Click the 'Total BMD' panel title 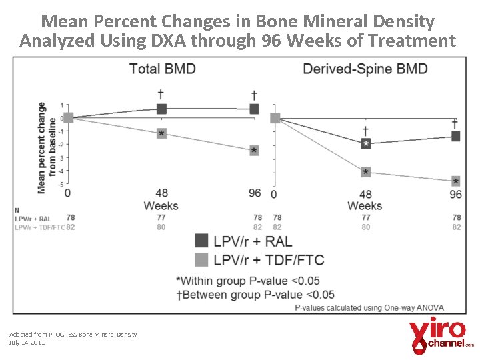click(162, 69)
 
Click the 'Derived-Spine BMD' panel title click(365, 69)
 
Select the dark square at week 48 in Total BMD click(161, 109)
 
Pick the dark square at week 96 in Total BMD click(254, 109)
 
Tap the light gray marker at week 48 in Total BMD click(161, 134)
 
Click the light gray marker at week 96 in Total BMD click(254, 151)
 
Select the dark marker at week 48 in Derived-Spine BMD click(365, 143)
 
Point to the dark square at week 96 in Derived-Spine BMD click(455, 136)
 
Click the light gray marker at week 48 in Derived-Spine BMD click(365, 173)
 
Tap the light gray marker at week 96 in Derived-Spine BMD click(455, 181)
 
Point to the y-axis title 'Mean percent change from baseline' click(47, 147)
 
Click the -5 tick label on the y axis click(61, 184)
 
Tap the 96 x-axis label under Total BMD click(254, 193)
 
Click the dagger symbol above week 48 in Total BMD click(161, 93)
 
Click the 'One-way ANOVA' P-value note click(369, 307)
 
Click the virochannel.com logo click(440, 336)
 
